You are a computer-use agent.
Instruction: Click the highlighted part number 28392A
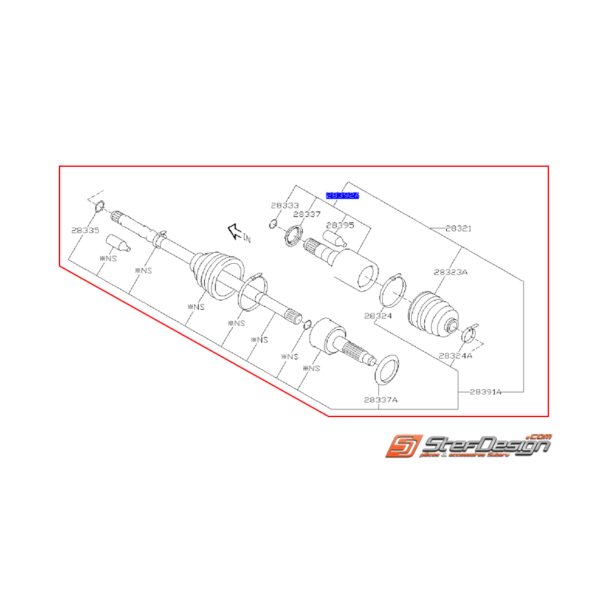342,194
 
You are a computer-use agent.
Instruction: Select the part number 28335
85,230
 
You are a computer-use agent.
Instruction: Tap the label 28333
285,205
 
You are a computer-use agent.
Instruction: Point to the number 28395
340,226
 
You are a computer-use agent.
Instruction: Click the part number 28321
458,228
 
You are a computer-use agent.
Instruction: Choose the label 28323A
451,272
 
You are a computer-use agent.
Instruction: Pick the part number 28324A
455,355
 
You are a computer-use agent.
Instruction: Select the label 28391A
486,391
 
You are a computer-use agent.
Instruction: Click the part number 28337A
380,400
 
